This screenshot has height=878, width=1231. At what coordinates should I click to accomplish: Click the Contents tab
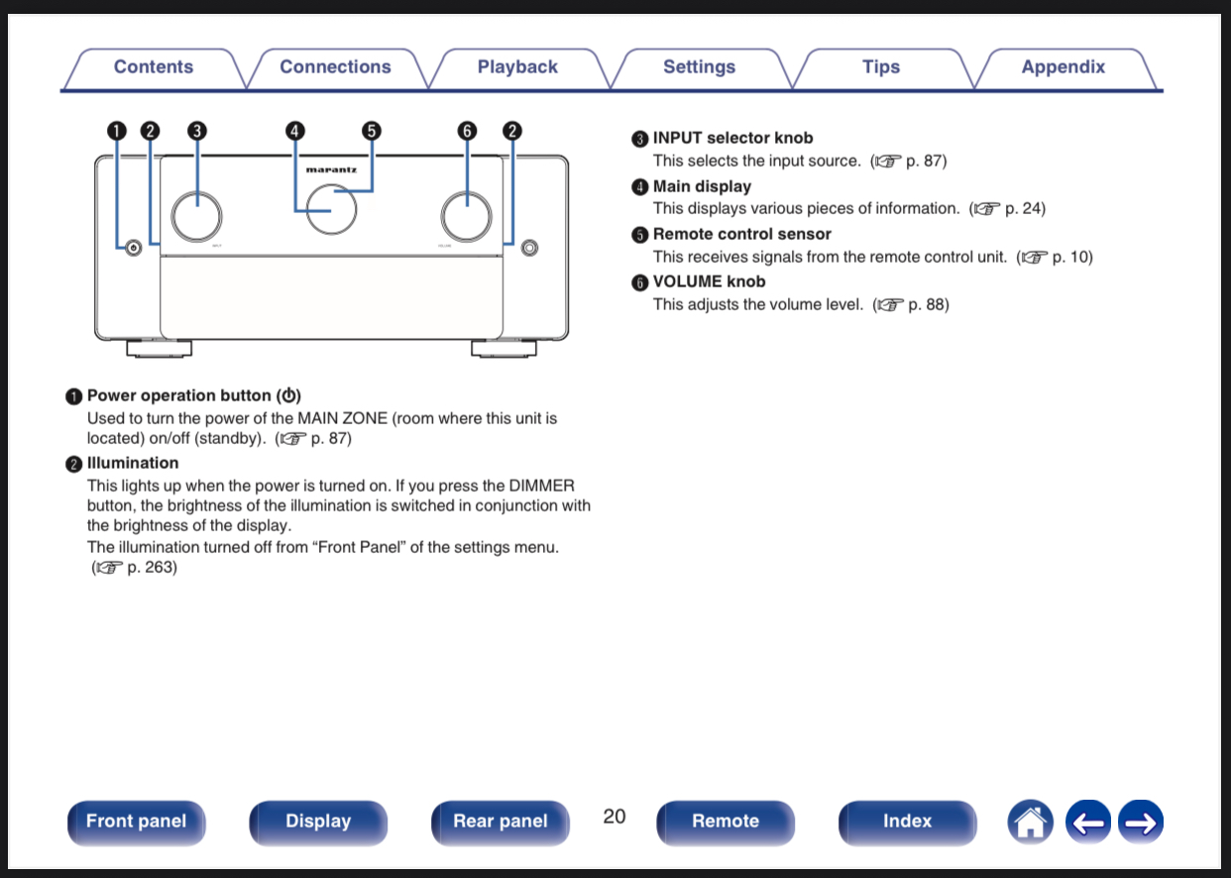pos(153,67)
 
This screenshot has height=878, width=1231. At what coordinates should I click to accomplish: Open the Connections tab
pos(335,67)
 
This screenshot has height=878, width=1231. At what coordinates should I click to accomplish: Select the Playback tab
pos(517,67)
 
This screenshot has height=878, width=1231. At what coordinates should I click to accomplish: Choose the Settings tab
pos(699,67)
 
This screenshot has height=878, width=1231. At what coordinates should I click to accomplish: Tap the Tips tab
pos(880,67)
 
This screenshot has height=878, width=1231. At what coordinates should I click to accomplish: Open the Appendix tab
pos(1063,67)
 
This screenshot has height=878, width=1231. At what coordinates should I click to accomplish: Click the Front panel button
pos(136,822)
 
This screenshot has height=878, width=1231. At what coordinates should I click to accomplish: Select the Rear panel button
pos(500,822)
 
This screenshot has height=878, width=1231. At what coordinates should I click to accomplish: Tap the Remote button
pos(725,822)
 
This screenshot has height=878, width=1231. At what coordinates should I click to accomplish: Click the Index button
pos(907,822)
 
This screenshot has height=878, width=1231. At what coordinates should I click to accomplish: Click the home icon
pos(1031,823)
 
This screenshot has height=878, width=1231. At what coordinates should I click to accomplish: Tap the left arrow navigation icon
pos(1088,823)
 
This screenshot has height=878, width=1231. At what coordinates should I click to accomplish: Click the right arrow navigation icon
pos(1141,823)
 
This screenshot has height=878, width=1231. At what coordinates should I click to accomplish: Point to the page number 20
pos(615,817)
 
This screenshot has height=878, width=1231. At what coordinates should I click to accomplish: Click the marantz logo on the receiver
pos(331,169)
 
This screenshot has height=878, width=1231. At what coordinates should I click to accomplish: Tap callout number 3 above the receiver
pos(196,131)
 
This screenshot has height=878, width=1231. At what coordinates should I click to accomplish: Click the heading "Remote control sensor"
pos(741,234)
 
